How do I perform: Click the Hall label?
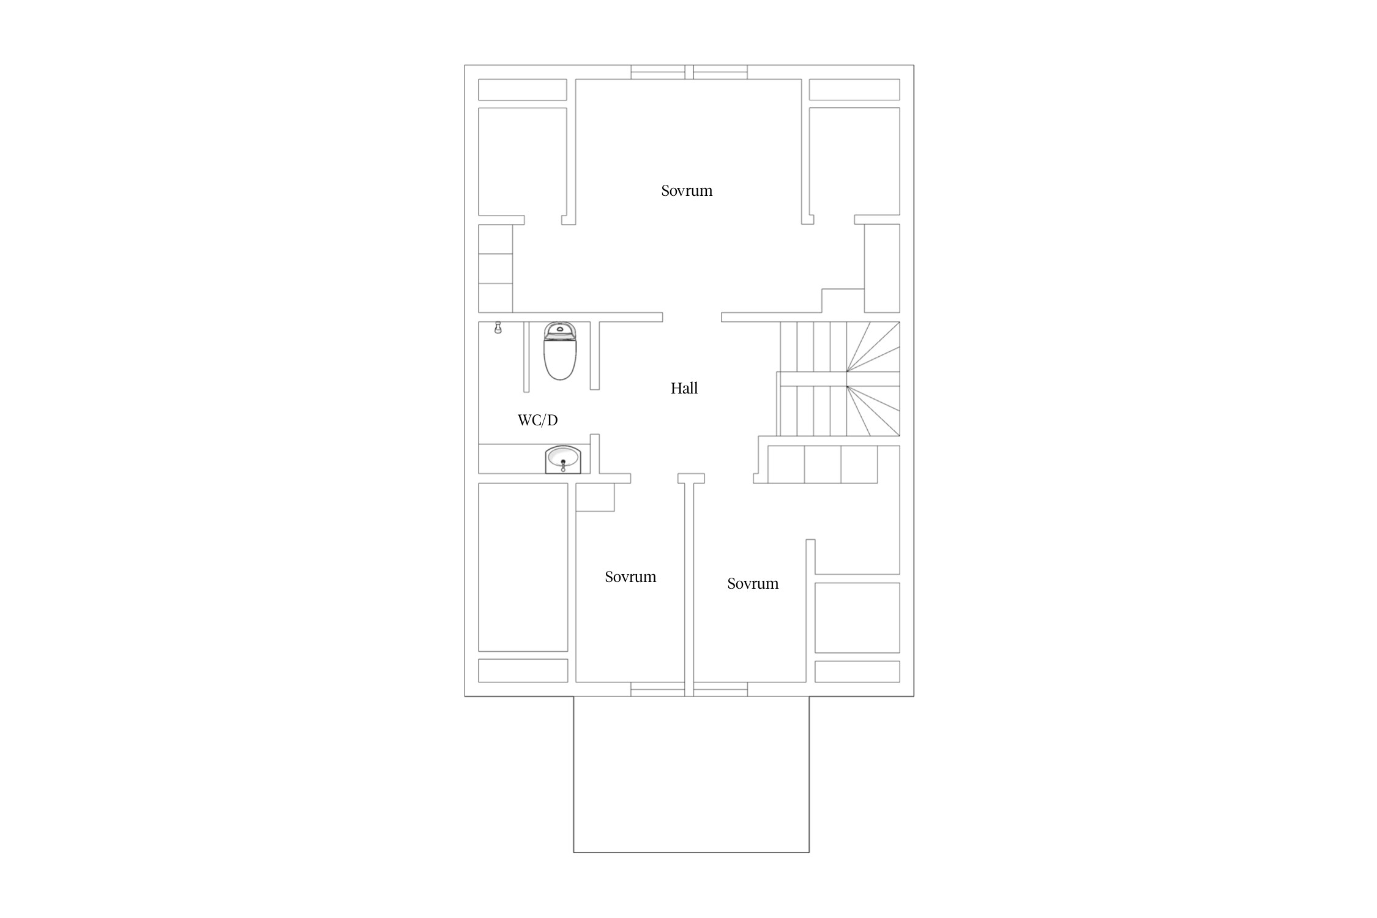click(x=684, y=388)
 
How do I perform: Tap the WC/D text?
click(x=537, y=420)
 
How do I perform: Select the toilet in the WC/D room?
click(x=560, y=351)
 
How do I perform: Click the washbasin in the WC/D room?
click(x=562, y=460)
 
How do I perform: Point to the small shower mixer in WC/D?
click(x=498, y=328)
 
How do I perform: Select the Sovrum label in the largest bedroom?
click(x=687, y=190)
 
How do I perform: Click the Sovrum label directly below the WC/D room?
click(x=630, y=577)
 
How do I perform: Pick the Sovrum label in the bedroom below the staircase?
click(x=753, y=583)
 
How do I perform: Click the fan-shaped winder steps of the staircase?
click(x=873, y=379)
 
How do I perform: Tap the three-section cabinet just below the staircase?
click(x=823, y=465)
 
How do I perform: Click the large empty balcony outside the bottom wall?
click(x=691, y=774)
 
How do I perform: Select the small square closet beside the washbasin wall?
click(x=595, y=497)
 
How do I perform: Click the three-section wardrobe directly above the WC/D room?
click(x=495, y=268)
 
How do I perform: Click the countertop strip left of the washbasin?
click(x=512, y=458)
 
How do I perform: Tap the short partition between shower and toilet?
click(x=526, y=357)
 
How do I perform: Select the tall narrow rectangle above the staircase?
click(x=882, y=268)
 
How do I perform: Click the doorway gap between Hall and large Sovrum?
click(x=692, y=317)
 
